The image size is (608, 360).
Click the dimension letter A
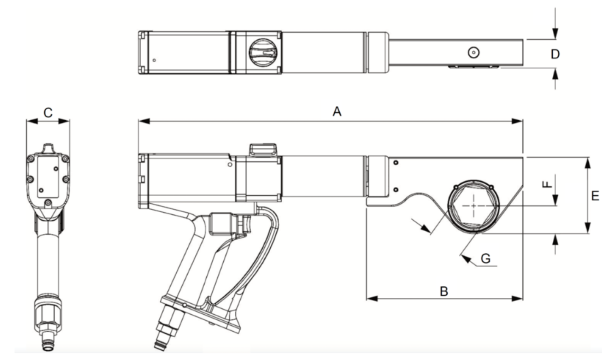pyautogui.click(x=337, y=111)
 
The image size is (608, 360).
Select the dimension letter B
pyautogui.click(x=444, y=291)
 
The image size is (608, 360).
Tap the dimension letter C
pyautogui.click(x=48, y=112)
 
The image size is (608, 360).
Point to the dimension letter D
pyautogui.click(x=555, y=54)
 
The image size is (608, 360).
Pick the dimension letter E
pyautogui.click(x=595, y=196)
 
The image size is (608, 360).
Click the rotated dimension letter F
pyautogui.click(x=547, y=184)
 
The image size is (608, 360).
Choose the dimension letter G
pyautogui.click(x=486, y=258)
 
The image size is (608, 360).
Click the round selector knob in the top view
pyautogui.click(x=263, y=53)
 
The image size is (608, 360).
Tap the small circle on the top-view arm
pyautogui.click(x=474, y=53)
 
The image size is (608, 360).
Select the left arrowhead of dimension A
pyautogui.click(x=144, y=121)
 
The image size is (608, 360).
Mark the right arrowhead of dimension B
pyautogui.click(x=517, y=298)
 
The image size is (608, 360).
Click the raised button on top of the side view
pyautogui.click(x=263, y=149)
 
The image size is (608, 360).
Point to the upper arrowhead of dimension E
pyautogui.click(x=587, y=163)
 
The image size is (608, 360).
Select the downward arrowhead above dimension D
pyautogui.click(x=555, y=34)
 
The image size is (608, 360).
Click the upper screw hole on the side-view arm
pyautogui.click(x=396, y=163)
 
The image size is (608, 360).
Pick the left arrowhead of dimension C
pyautogui.click(x=32, y=121)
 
